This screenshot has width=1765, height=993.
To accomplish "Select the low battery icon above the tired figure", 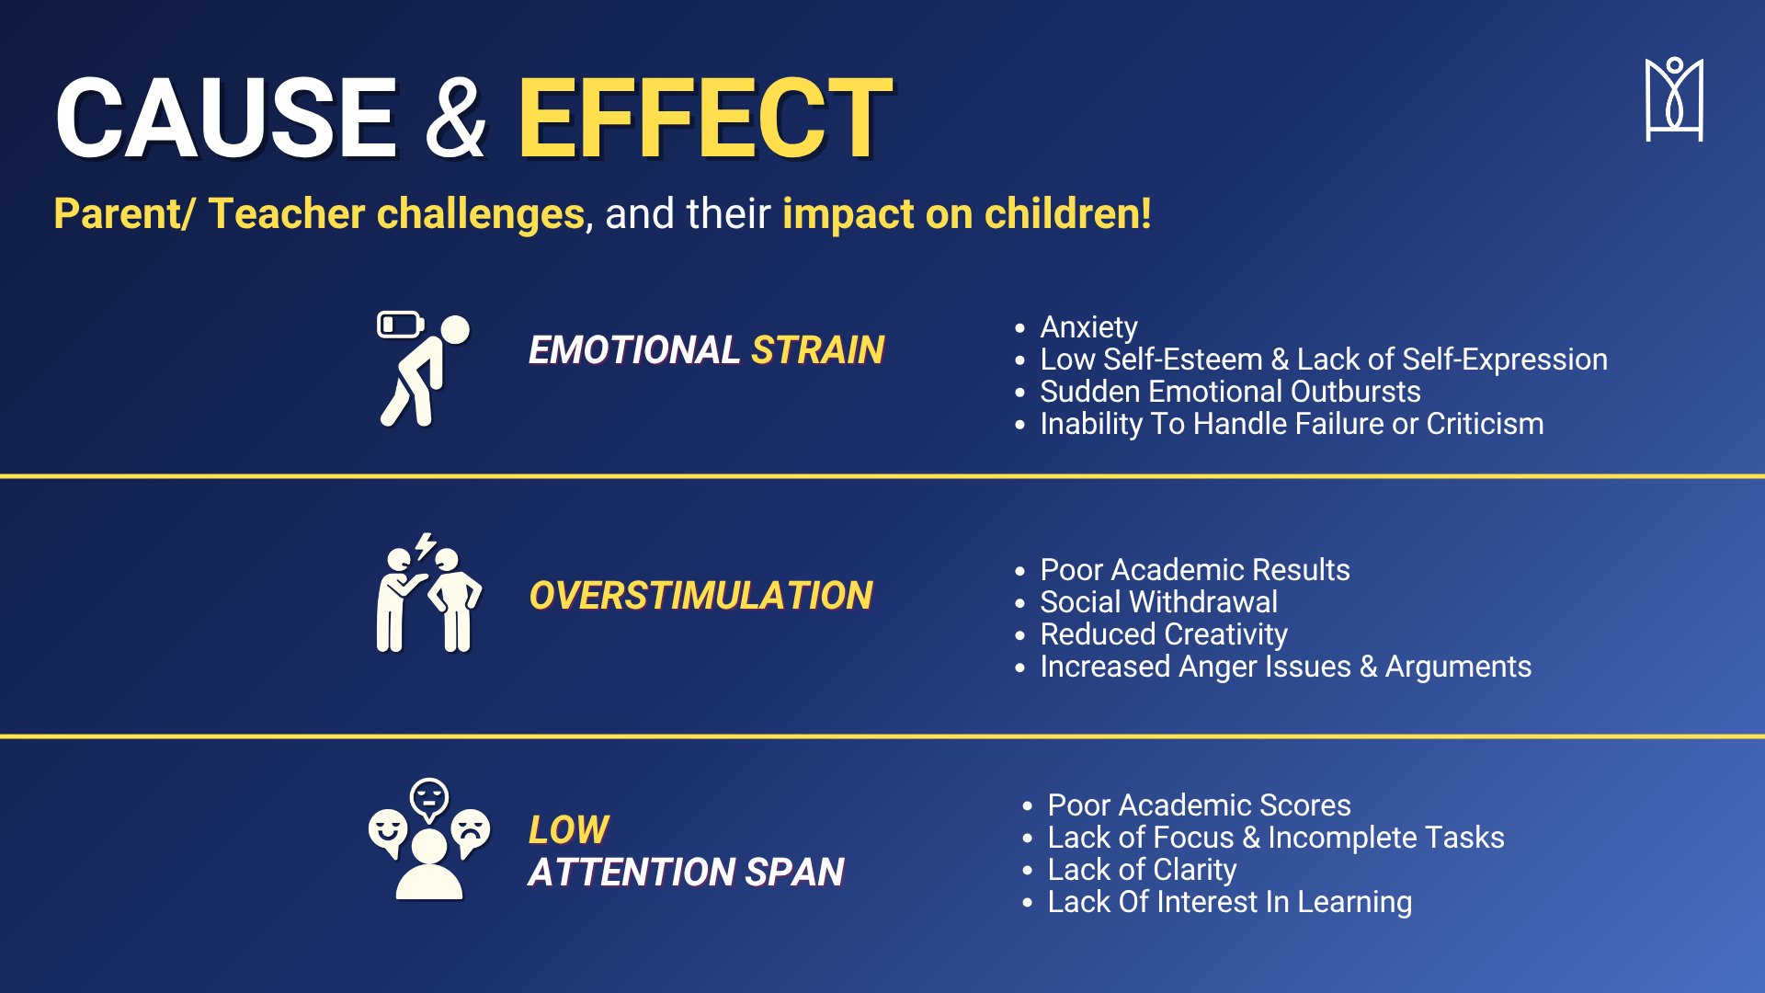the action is [x=400, y=325].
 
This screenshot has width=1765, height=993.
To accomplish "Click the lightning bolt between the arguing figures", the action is [x=425, y=546].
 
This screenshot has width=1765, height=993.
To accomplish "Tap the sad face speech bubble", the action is [x=471, y=831].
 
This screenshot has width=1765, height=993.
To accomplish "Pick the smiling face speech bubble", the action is [x=387, y=831].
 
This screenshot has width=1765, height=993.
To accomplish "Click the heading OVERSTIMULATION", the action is [x=700, y=596].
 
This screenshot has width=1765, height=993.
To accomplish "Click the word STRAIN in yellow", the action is [x=817, y=350].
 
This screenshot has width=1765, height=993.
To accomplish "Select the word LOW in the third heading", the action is [x=568, y=830].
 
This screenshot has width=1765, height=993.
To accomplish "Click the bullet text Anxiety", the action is [x=1088, y=327].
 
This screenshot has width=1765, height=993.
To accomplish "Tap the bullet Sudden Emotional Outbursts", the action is [x=1230, y=392].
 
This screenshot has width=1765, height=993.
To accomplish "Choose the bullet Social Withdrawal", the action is [x=1158, y=602].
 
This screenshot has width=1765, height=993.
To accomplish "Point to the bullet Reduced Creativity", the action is [x=1164, y=634].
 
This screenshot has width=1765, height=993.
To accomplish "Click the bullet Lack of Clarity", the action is [x=1142, y=870].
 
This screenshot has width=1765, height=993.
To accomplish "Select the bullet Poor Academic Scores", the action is [x=1199, y=805].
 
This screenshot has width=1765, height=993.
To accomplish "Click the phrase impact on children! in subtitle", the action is [x=967, y=213].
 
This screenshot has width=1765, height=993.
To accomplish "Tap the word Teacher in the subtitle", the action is [x=287, y=213].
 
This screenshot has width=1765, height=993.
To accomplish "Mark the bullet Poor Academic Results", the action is [x=1195, y=570].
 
